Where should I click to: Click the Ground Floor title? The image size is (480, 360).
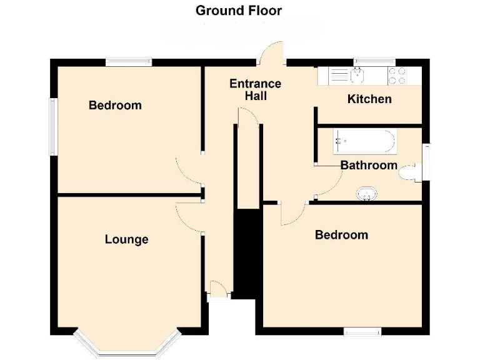pyautogui.click(x=239, y=11)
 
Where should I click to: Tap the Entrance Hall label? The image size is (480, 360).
pyautogui.click(x=255, y=90)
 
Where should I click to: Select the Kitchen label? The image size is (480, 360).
pyautogui.click(x=369, y=99)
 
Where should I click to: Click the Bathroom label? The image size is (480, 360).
pyautogui.click(x=369, y=165)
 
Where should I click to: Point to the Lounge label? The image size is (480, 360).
pyautogui.click(x=127, y=239)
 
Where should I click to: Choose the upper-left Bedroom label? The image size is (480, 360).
pyautogui.click(x=115, y=105)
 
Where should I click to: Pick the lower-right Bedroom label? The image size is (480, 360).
pyautogui.click(x=341, y=235)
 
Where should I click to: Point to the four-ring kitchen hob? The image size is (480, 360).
pyautogui.click(x=397, y=76)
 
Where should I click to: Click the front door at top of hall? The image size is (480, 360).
pyautogui.click(x=272, y=55)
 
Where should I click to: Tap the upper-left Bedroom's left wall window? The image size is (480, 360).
pyautogui.click(x=54, y=126)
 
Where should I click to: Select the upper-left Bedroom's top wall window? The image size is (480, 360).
pyautogui.click(x=128, y=62)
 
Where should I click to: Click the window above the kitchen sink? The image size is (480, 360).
pyautogui.click(x=374, y=61)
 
